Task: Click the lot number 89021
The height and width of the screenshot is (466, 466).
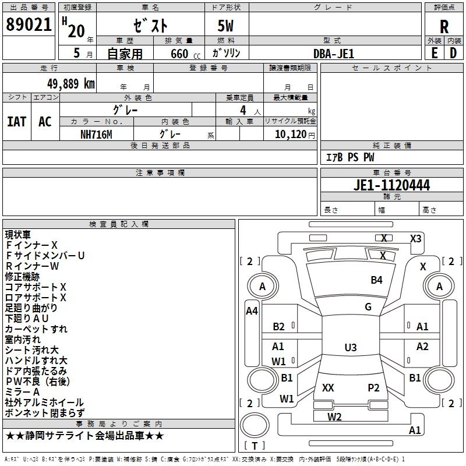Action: pos(29,24)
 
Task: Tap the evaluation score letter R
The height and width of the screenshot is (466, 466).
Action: pos(444,27)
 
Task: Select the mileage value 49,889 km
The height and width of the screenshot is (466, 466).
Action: pos(70,84)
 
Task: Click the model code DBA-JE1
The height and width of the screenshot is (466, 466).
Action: pos(333,54)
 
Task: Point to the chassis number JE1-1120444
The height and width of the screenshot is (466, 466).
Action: pos(391,185)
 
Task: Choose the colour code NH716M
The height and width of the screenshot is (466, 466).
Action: pos(96,135)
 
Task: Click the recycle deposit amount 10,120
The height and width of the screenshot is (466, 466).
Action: pos(290,135)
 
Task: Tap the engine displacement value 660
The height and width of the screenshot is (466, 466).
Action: pos(179,54)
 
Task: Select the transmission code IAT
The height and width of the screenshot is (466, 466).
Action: pos(17,122)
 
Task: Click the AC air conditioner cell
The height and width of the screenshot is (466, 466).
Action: pos(45,122)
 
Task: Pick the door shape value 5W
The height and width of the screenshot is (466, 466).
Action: pos(225,26)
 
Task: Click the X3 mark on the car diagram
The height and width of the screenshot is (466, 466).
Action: pos(415,239)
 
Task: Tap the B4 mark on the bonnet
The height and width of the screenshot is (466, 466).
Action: pos(376,280)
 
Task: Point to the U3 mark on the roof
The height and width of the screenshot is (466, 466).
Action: pos(351,347)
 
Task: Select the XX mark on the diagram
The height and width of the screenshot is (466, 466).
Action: pos(328,387)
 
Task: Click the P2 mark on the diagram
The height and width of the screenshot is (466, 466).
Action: pos(373,387)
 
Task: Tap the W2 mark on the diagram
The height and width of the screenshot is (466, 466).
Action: pos(334,417)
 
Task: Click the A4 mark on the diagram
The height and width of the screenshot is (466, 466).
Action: pos(252,311)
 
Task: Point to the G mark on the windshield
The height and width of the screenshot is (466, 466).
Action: pos(368,307)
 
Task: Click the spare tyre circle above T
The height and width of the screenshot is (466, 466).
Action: pos(255,425)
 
